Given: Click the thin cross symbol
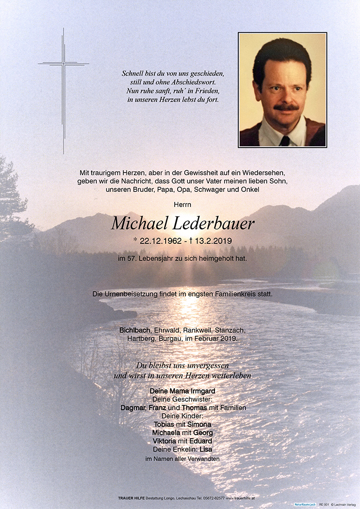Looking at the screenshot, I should (x=64, y=65).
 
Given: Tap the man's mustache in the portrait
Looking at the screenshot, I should (x=286, y=107).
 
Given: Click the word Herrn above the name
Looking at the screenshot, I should (x=180, y=205).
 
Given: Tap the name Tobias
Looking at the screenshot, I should (x=164, y=424).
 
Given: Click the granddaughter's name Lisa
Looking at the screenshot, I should (x=206, y=449).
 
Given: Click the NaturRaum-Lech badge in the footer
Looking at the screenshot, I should (x=305, y=504).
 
